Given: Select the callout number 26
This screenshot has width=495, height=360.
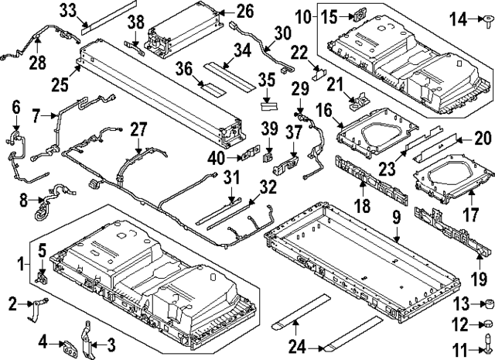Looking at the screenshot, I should (245, 11).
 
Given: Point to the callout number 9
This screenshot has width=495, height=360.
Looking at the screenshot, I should (396, 220).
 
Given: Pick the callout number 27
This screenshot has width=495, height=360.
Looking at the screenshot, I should (138, 128).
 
